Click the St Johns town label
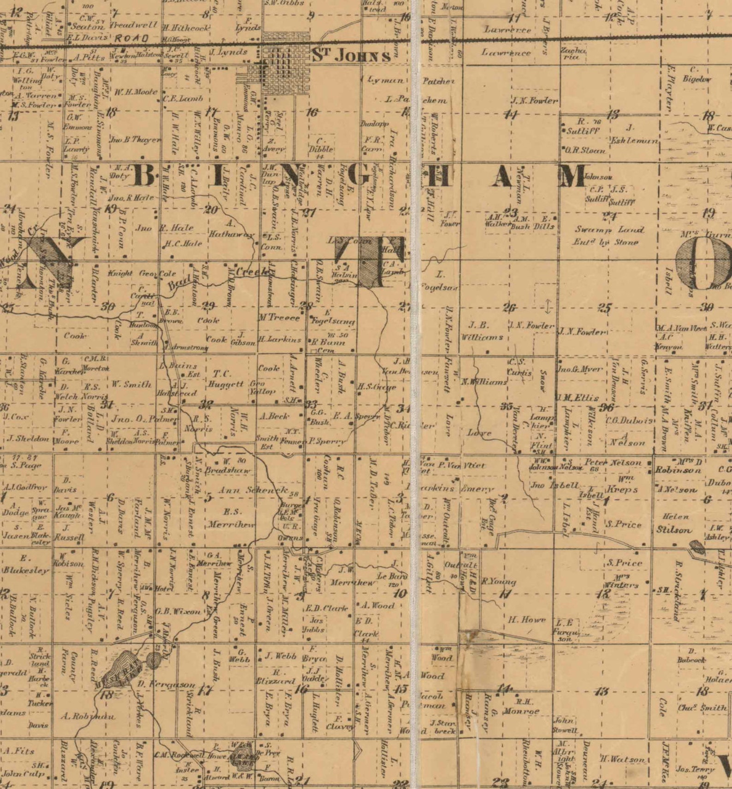coord(351,56)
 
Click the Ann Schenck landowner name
coord(254,490)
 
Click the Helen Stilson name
coord(674,524)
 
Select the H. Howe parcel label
coord(526,620)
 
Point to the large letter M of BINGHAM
coord(574,176)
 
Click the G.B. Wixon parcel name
coord(178,612)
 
